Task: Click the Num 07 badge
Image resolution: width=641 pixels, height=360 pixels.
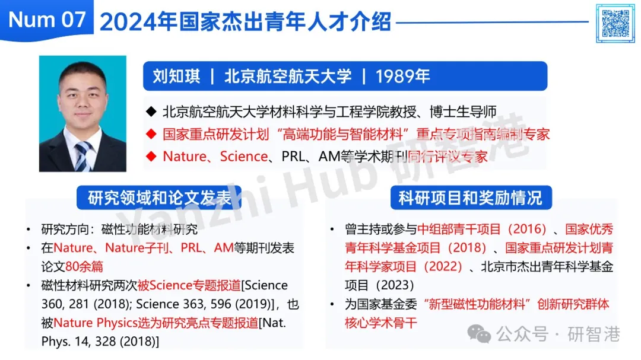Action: coord(47,20)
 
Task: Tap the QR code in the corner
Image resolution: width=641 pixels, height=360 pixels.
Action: coord(615,23)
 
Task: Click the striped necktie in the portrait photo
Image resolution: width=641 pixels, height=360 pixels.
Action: coord(82,156)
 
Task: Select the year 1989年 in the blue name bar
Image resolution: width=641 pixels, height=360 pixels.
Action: coord(402,77)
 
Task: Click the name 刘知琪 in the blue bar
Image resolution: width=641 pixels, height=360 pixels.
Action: coord(177,77)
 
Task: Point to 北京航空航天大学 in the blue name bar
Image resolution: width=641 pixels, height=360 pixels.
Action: coord(288,77)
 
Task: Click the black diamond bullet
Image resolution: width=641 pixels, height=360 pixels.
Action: coord(151,111)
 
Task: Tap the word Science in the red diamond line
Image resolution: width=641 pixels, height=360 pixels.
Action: coord(244,156)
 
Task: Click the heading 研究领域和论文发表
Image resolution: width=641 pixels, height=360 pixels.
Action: coord(159,197)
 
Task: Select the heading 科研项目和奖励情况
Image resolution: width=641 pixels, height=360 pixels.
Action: coord(471,197)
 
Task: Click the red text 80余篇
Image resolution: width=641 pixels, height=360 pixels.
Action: coord(84,266)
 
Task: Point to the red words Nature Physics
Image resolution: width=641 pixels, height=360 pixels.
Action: coord(95,323)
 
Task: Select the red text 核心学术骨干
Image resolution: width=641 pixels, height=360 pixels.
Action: coord(380,323)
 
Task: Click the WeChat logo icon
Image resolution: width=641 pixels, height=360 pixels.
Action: coord(479,334)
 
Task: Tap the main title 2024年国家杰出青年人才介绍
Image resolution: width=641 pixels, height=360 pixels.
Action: coord(245,22)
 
